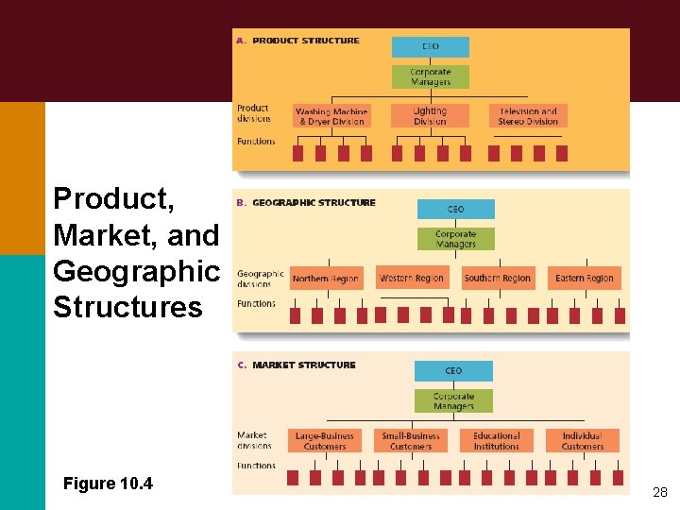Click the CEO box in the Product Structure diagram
click(430, 46)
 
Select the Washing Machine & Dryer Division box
click(331, 116)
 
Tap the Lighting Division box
click(430, 116)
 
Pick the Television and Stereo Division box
click(528, 116)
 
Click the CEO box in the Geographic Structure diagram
click(455, 209)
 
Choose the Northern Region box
click(326, 279)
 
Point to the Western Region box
click(411, 279)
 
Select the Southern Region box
click(497, 279)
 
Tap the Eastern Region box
click(584, 279)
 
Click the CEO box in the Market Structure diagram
click(453, 371)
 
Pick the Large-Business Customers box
click(325, 441)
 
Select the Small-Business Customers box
click(411, 441)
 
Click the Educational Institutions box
click(497, 441)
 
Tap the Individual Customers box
click(583, 441)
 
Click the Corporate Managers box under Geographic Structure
click(455, 239)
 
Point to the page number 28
click(659, 492)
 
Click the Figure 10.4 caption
click(108, 484)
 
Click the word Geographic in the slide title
click(136, 271)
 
